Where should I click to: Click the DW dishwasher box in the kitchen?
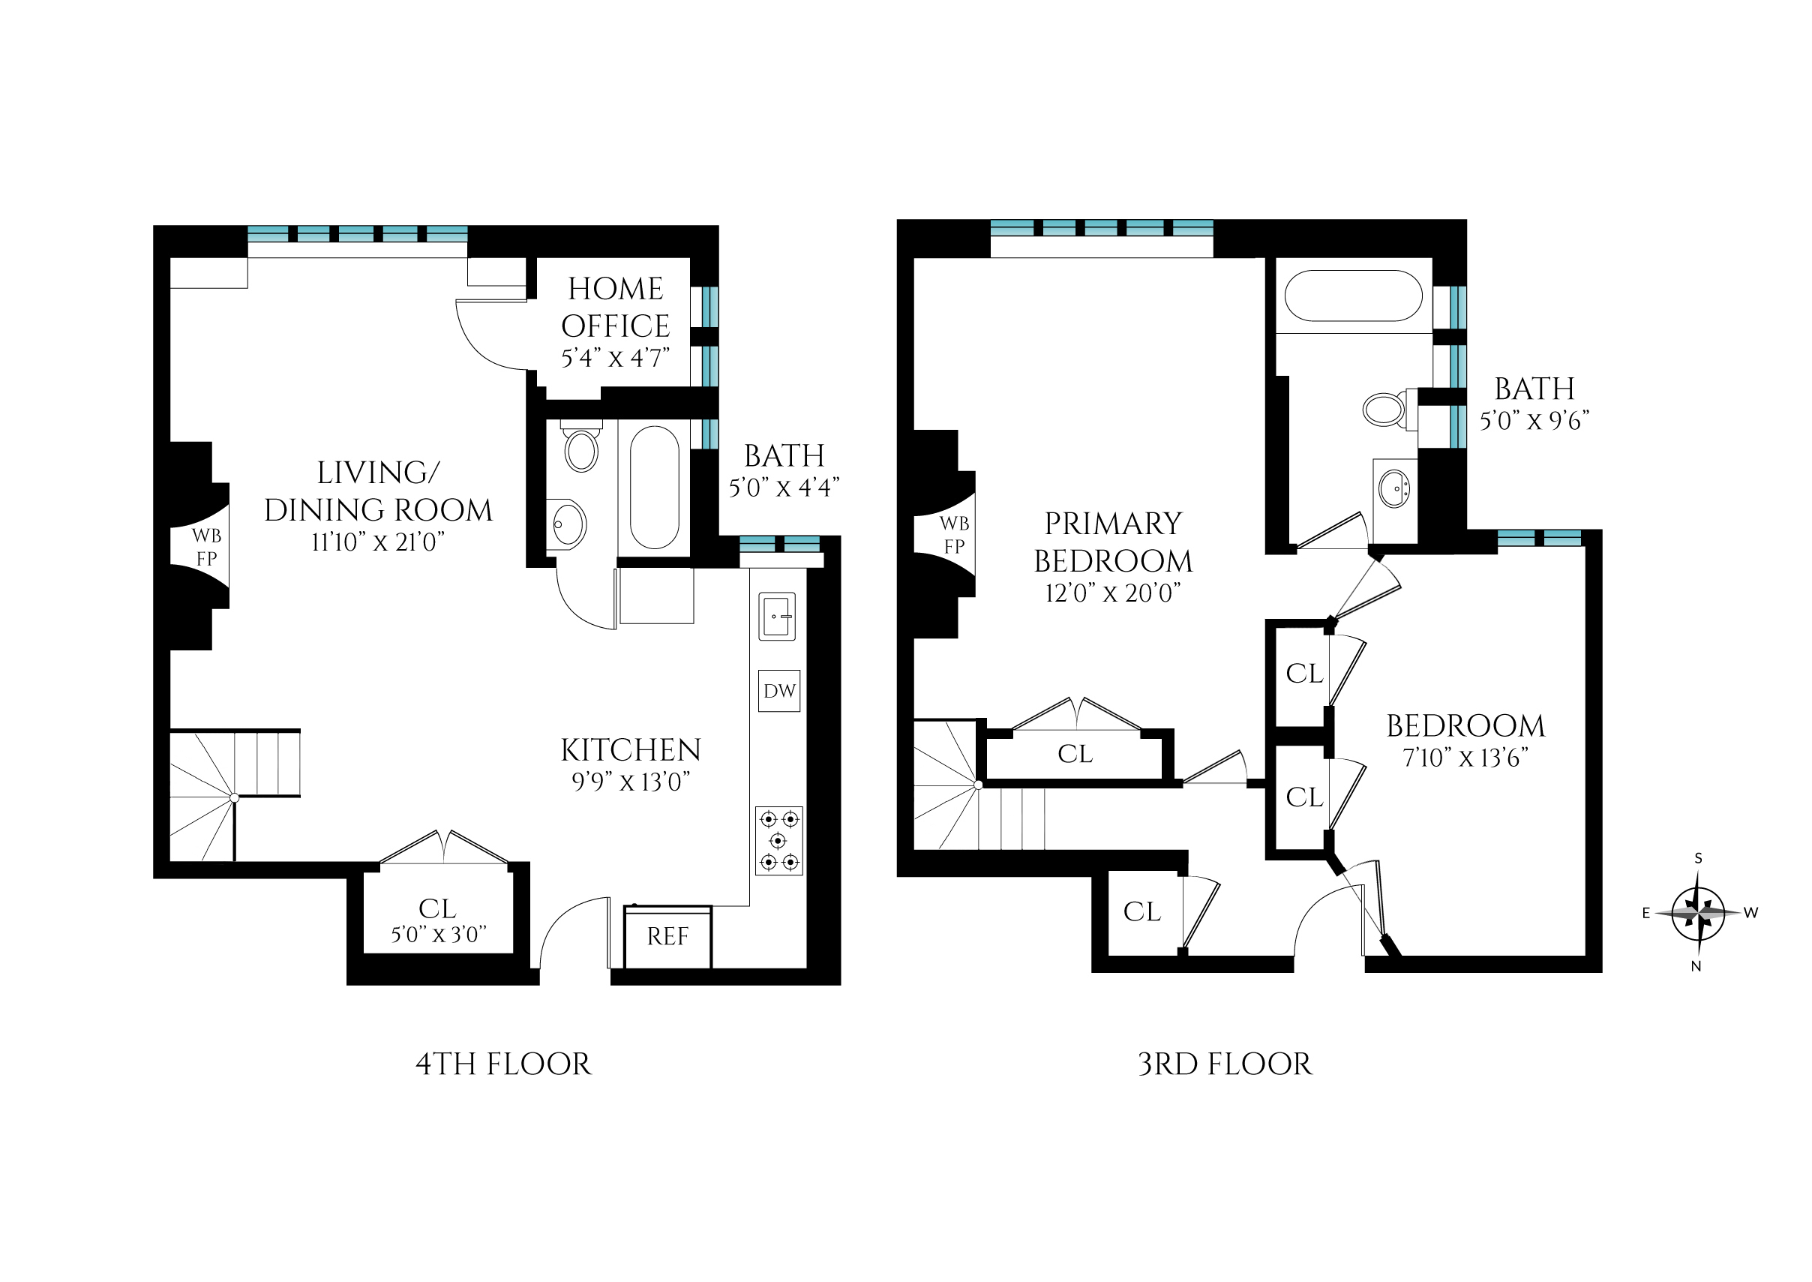[779, 691]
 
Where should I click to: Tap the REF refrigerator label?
[667, 936]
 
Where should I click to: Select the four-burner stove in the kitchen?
[779, 840]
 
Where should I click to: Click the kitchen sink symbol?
[777, 617]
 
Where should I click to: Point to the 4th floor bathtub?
[654, 487]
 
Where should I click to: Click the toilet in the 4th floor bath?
[582, 449]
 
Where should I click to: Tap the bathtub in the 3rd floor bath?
[1354, 296]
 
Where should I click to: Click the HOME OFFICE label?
[616, 307]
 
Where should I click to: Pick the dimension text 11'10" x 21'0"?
[378, 542]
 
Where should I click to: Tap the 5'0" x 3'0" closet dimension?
[438, 935]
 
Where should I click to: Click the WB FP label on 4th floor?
[206, 547]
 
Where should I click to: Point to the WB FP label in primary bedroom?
[954, 534]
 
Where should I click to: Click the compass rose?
[1697, 913]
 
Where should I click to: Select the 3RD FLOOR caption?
[1225, 1064]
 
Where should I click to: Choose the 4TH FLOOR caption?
[502, 1064]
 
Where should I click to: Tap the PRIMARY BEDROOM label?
[1113, 542]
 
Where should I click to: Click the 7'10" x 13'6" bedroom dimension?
[1465, 758]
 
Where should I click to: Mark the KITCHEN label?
[631, 750]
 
